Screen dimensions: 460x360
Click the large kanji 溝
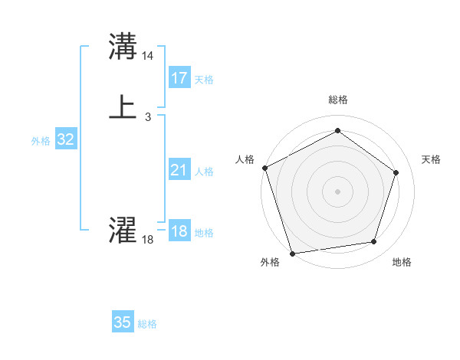point(123,47)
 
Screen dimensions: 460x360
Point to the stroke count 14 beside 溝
point(148,56)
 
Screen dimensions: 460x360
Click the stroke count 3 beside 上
point(147,116)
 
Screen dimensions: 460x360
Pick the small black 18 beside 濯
point(148,240)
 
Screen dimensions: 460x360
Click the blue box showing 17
point(179,78)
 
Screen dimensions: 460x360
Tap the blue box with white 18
point(179,232)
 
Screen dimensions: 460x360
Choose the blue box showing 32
point(66,139)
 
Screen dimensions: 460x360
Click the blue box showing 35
point(123,322)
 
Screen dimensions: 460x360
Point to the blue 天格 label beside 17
point(204,79)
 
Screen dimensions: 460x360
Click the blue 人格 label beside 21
point(204,172)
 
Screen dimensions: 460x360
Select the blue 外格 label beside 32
point(41,140)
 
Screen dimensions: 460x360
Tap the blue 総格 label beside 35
point(147,324)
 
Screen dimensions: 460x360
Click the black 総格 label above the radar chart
point(337,100)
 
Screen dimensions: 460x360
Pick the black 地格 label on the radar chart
point(402,262)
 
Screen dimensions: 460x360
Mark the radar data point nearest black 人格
point(264,168)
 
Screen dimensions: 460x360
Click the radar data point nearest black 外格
point(292,253)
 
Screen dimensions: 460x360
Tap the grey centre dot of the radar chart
point(337,191)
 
